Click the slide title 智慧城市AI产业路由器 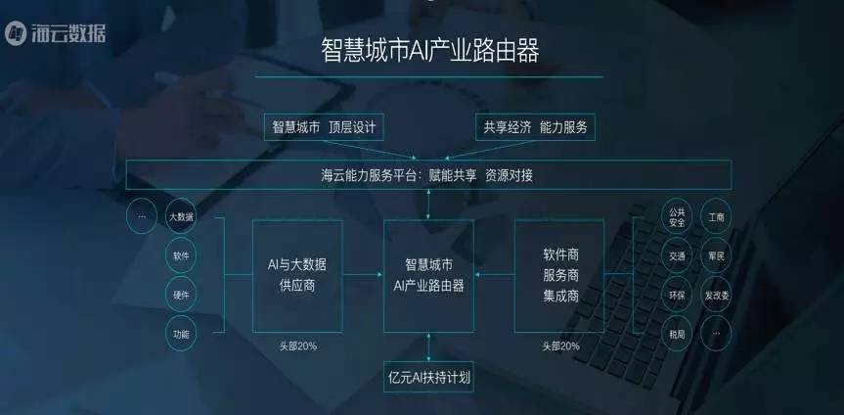[429, 51]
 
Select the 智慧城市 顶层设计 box [324, 127]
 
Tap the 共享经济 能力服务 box [534, 127]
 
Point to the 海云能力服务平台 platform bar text [428, 176]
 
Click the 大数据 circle [181, 216]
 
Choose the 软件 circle [181, 255]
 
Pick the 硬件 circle [181, 295]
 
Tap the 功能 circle [181, 334]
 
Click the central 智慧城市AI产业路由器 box [428, 275]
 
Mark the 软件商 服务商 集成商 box [560, 275]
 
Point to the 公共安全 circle [677, 216]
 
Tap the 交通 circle [677, 256]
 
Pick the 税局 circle [677, 333]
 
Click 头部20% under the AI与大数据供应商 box [297, 346]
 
